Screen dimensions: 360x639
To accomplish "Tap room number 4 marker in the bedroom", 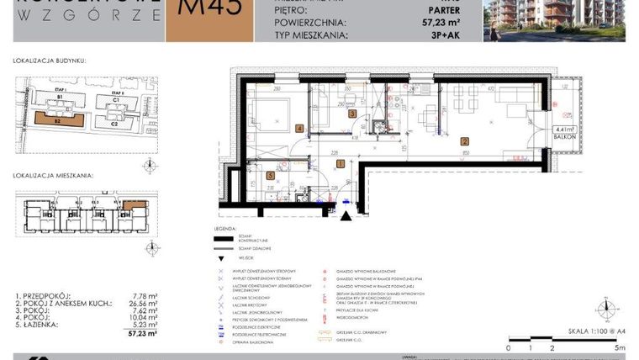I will pos(300,129).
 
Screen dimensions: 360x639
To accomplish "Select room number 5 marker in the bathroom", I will pos(269,176).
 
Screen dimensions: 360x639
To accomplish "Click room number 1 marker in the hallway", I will pos(340,163).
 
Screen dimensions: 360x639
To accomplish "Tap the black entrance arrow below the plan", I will pos(345,215).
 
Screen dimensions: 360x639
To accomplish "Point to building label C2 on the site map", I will pos(114,123).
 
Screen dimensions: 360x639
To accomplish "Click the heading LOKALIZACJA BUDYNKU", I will pos(50,61).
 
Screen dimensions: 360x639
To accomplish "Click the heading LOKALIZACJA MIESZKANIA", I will pos(52,177).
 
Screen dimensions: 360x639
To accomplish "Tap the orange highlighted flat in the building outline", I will pos(134,204).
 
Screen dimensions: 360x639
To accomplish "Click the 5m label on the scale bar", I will pos(621,347).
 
